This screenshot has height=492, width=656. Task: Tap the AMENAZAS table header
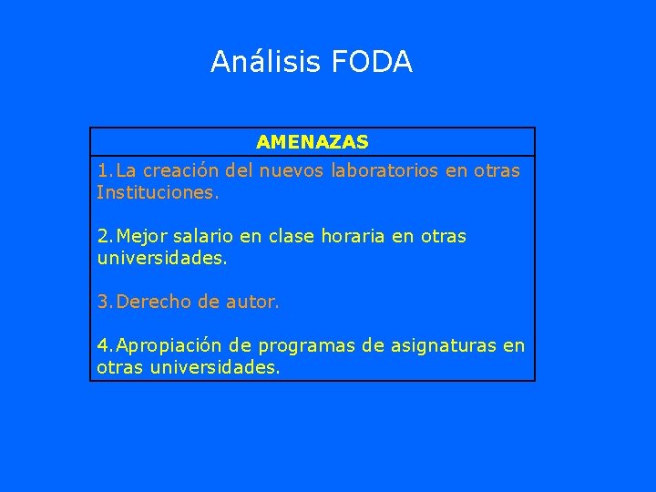pyautogui.click(x=313, y=142)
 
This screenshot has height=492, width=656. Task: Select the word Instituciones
pyautogui.click(x=158, y=192)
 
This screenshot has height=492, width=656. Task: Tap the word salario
pyautogui.click(x=206, y=236)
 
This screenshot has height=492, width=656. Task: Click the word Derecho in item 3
pyautogui.click(x=151, y=302)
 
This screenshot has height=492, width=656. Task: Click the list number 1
pyautogui.click(x=103, y=170)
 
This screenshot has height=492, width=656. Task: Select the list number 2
pyautogui.click(x=103, y=236)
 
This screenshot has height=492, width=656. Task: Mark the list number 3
pyautogui.click(x=103, y=302)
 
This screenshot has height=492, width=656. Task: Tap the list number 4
pyautogui.click(x=103, y=345)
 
